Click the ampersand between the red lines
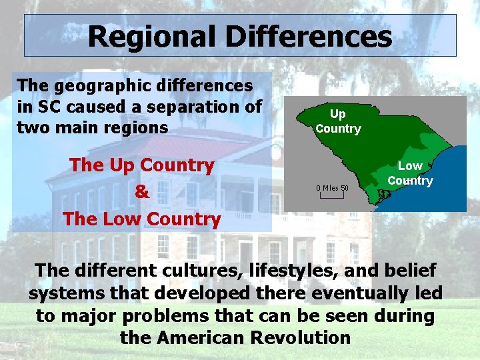[141, 192]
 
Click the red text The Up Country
[141, 165]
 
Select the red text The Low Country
[141, 219]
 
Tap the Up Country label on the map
[338, 121]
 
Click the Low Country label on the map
[410, 173]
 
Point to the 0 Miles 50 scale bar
[332, 191]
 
